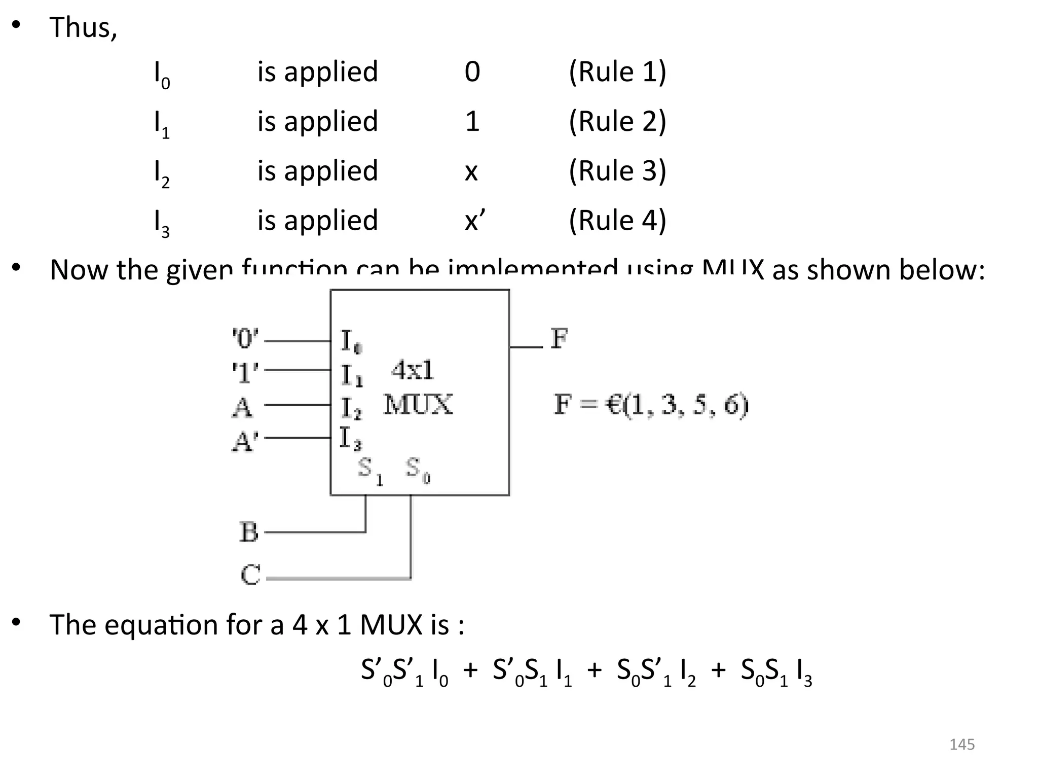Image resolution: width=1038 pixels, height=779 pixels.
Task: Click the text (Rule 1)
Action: click(617, 72)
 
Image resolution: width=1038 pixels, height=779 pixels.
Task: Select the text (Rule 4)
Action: click(617, 220)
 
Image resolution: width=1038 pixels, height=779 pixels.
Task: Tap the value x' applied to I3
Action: click(474, 220)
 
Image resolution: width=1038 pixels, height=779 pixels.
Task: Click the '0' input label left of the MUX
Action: click(245, 338)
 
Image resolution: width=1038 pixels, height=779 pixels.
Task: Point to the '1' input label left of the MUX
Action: click(245, 373)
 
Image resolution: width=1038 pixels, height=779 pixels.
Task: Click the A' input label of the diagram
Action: click(245, 441)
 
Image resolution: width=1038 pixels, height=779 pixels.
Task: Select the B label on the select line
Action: click(249, 532)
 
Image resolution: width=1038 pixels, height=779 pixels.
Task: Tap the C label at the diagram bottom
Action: click(250, 575)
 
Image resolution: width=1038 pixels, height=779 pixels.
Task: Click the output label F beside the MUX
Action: click(559, 338)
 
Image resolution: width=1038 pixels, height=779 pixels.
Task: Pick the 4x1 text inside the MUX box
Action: click(413, 370)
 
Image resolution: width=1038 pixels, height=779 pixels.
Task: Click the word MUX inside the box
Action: click(418, 405)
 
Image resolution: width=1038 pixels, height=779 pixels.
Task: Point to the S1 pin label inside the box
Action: click(369, 470)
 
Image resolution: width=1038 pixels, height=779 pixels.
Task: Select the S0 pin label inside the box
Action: click(418, 469)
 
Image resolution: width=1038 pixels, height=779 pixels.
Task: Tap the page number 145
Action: click(961, 745)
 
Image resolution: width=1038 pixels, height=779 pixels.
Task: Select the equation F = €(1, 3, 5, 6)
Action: click(651, 405)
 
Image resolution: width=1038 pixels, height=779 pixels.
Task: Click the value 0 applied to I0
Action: click(472, 72)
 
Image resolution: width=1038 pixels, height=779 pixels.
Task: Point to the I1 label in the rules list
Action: click(162, 123)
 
